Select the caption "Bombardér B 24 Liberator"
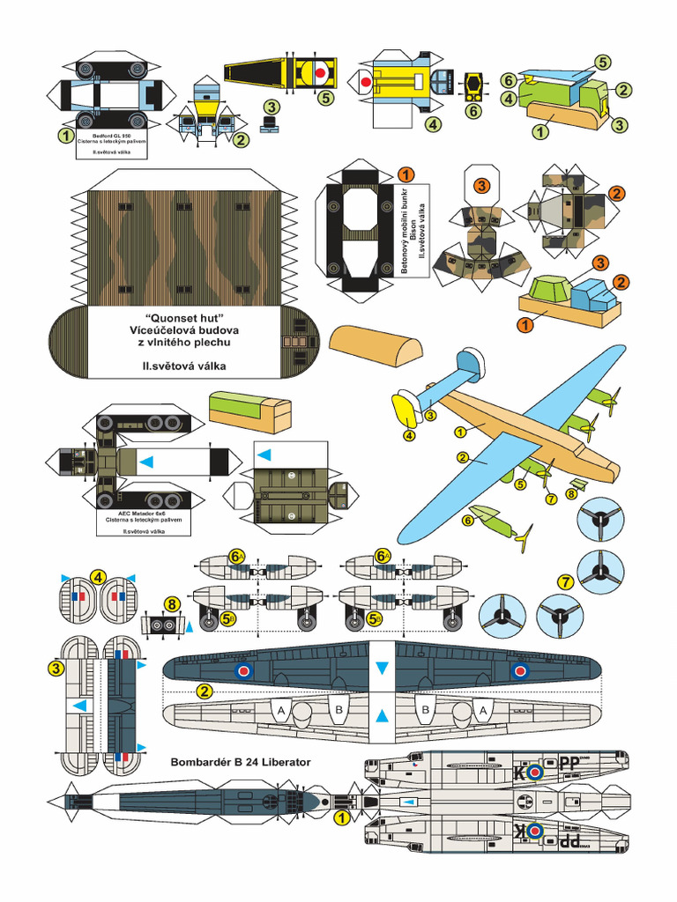click(x=240, y=761)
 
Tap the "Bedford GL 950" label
click(x=112, y=135)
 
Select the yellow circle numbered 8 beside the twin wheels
click(x=172, y=604)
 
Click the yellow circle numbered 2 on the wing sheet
click(x=205, y=690)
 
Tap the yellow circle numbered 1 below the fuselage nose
click(x=339, y=817)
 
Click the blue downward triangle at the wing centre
click(x=382, y=669)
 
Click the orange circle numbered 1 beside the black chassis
click(x=406, y=174)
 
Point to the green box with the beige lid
click(x=249, y=410)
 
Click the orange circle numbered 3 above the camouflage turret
click(x=480, y=186)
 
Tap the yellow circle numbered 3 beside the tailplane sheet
click(x=56, y=669)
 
